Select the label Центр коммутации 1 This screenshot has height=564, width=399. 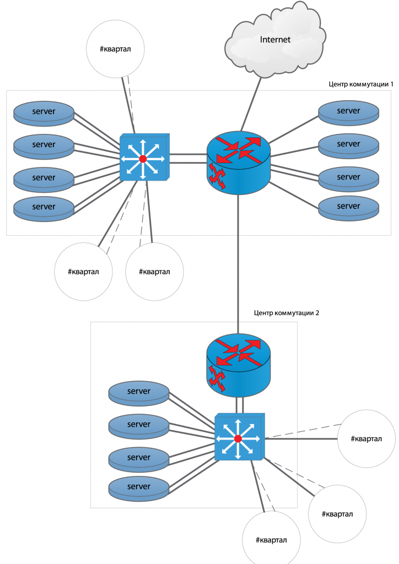point(361,84)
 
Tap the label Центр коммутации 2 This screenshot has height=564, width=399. point(286,312)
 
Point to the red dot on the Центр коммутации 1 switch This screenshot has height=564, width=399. point(143,159)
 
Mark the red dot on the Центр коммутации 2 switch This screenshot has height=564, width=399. point(238,438)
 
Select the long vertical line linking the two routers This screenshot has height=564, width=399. point(239,259)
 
